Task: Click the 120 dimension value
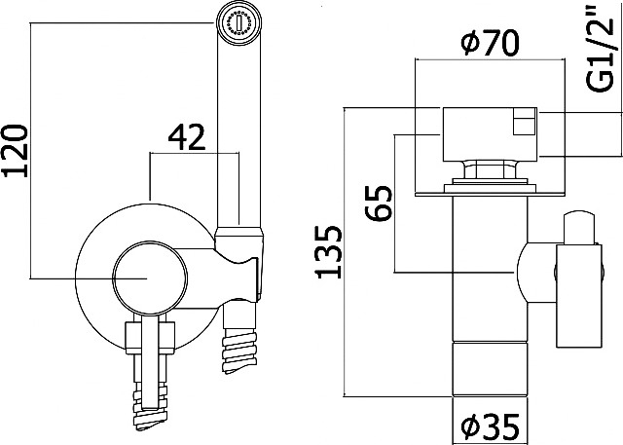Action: pyautogui.click(x=16, y=151)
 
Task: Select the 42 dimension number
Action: pyautogui.click(x=187, y=137)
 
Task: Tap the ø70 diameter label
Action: pyautogui.click(x=490, y=43)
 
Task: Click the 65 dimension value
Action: pyautogui.click(x=379, y=204)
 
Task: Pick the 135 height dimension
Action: pyautogui.click(x=328, y=252)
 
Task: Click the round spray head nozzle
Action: pyautogui.click(x=239, y=23)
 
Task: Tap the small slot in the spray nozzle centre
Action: pyautogui.click(x=238, y=23)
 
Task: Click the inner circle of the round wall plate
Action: pyautogui.click(x=150, y=278)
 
